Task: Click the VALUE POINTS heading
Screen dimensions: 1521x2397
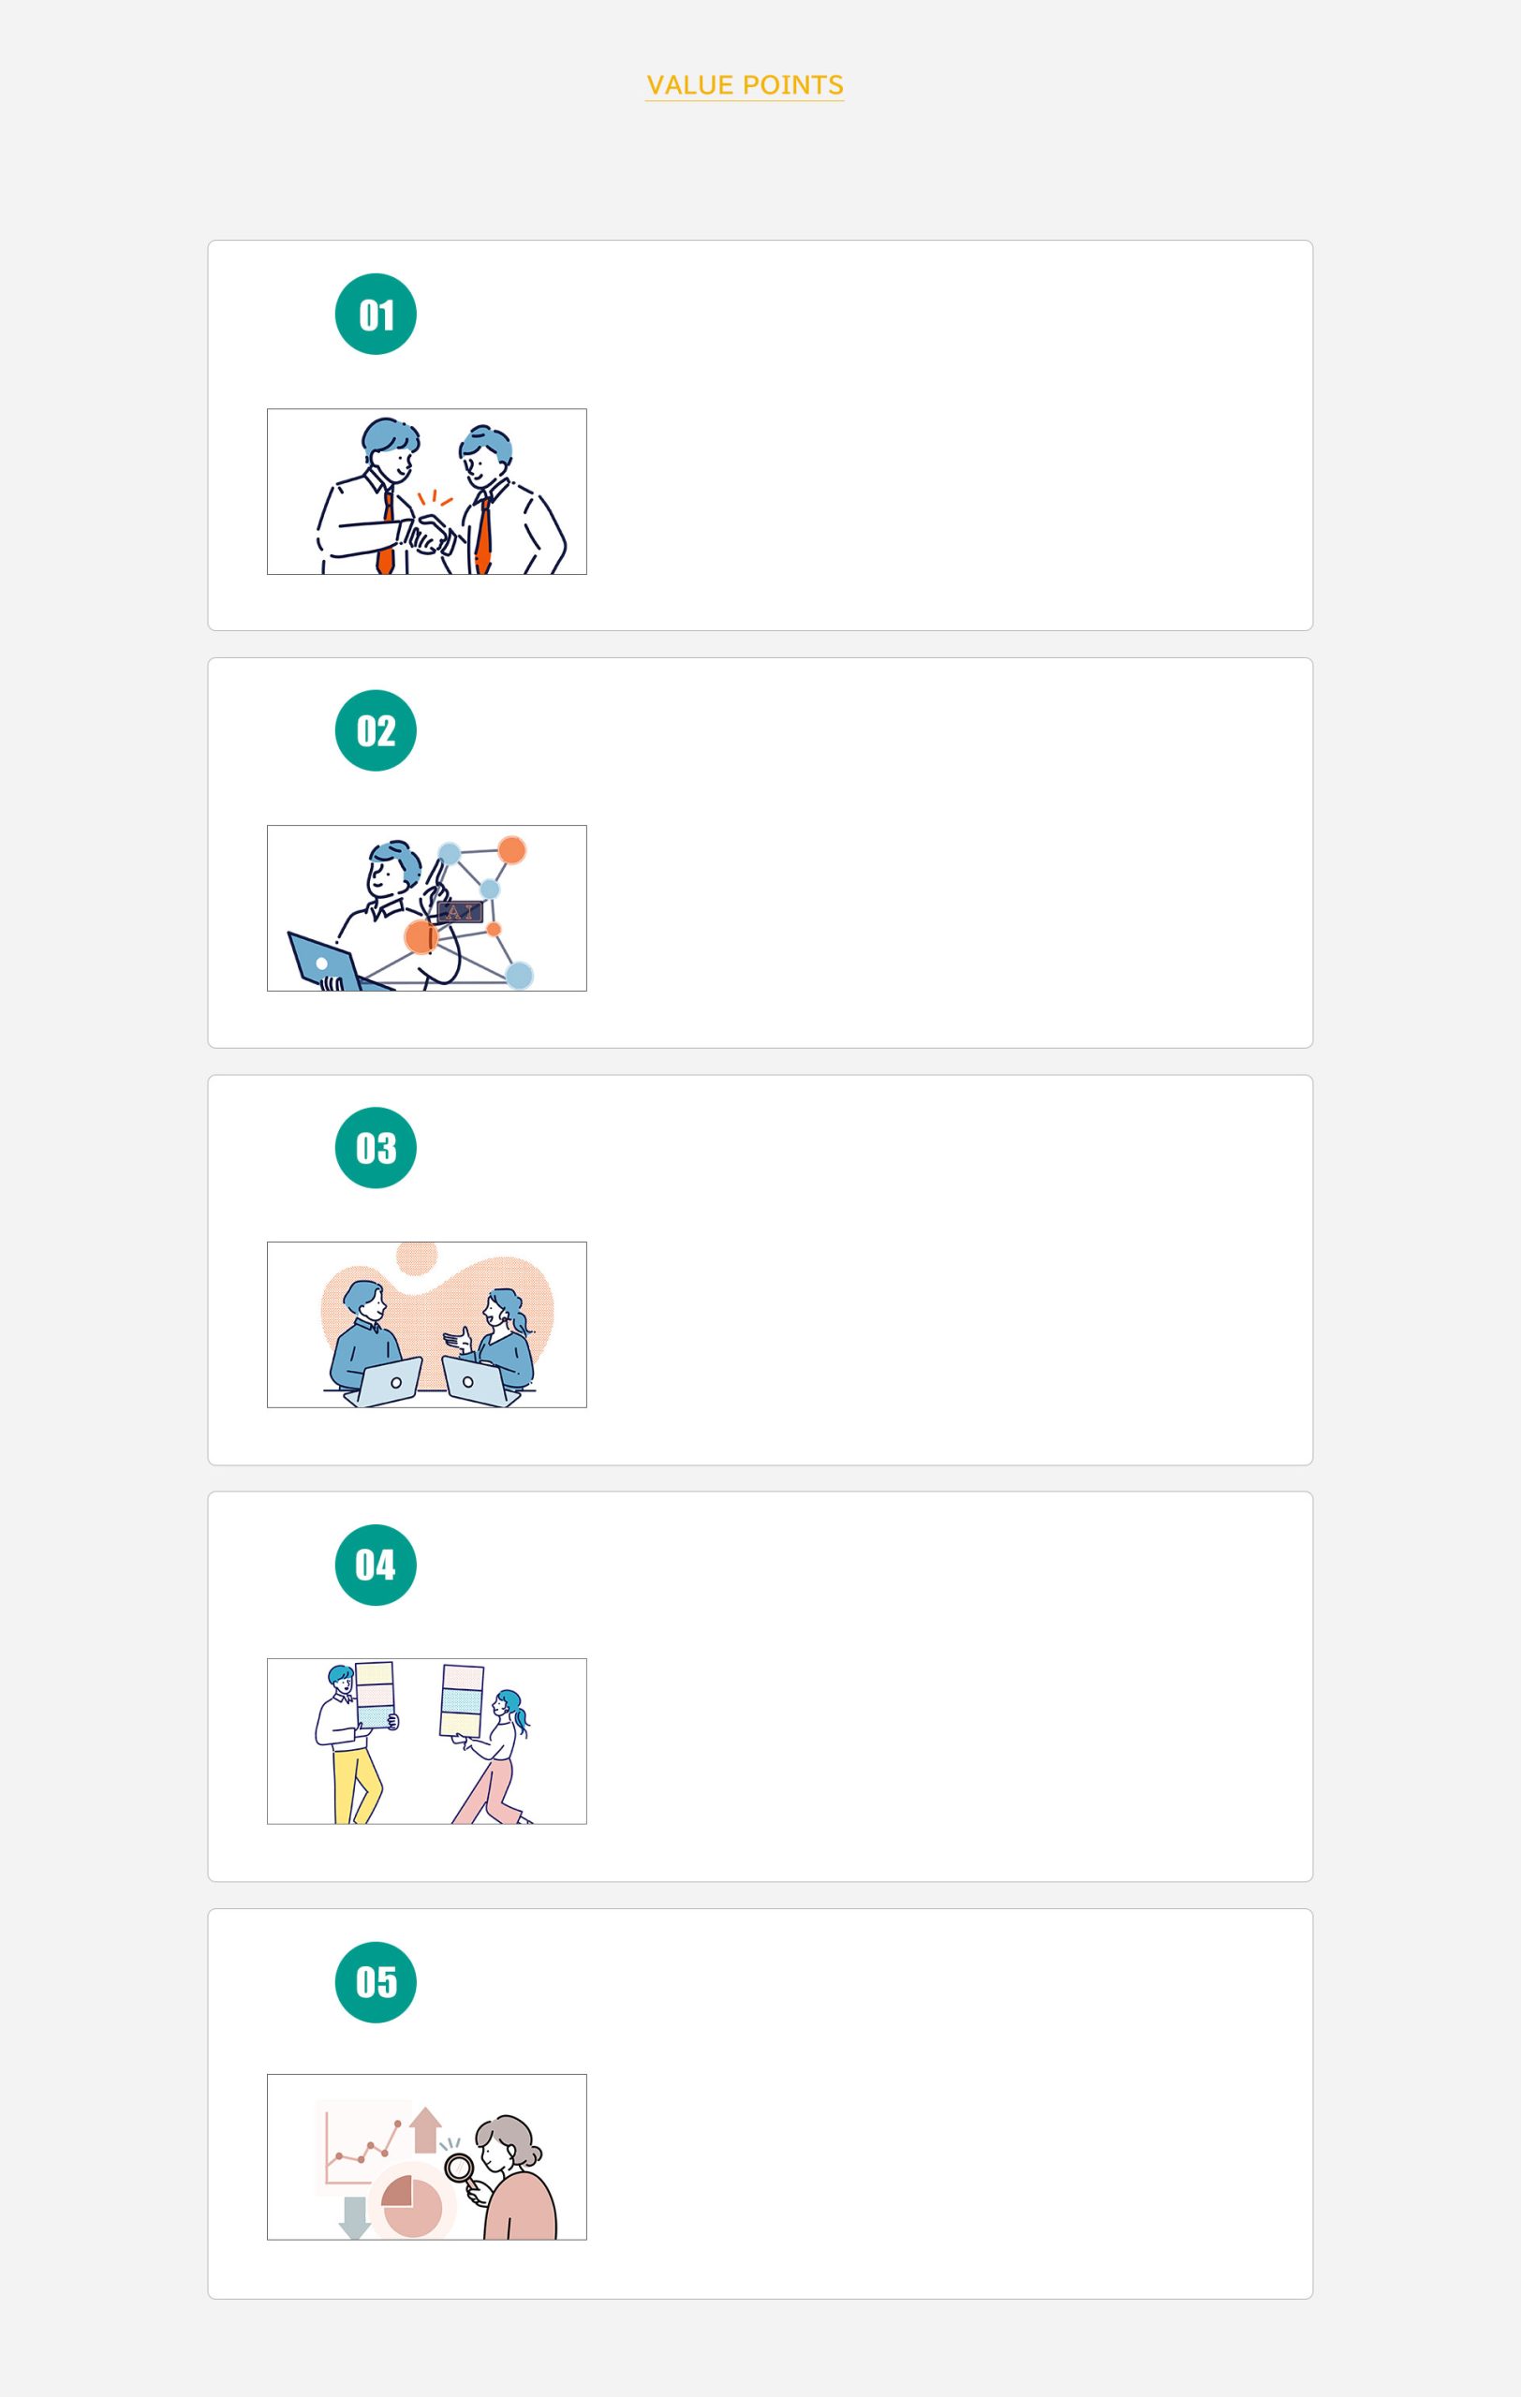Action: click(745, 85)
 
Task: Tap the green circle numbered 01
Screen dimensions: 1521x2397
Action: click(376, 314)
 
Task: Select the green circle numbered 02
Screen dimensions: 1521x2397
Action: click(376, 730)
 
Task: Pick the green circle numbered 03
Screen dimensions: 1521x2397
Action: click(376, 1148)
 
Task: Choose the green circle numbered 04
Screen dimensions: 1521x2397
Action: click(376, 1565)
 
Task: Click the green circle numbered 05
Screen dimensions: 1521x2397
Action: click(376, 1982)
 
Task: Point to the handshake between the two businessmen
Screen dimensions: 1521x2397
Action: click(430, 533)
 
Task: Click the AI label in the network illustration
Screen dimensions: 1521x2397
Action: click(460, 912)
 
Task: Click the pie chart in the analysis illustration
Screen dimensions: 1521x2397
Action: click(411, 2207)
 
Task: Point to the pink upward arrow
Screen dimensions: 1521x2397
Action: click(425, 2129)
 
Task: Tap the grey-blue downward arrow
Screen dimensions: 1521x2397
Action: click(354, 2218)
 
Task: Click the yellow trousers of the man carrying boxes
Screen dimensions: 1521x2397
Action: click(354, 1786)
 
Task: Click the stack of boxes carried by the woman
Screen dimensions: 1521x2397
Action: click(462, 1699)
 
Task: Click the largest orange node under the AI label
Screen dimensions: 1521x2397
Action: click(421, 936)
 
